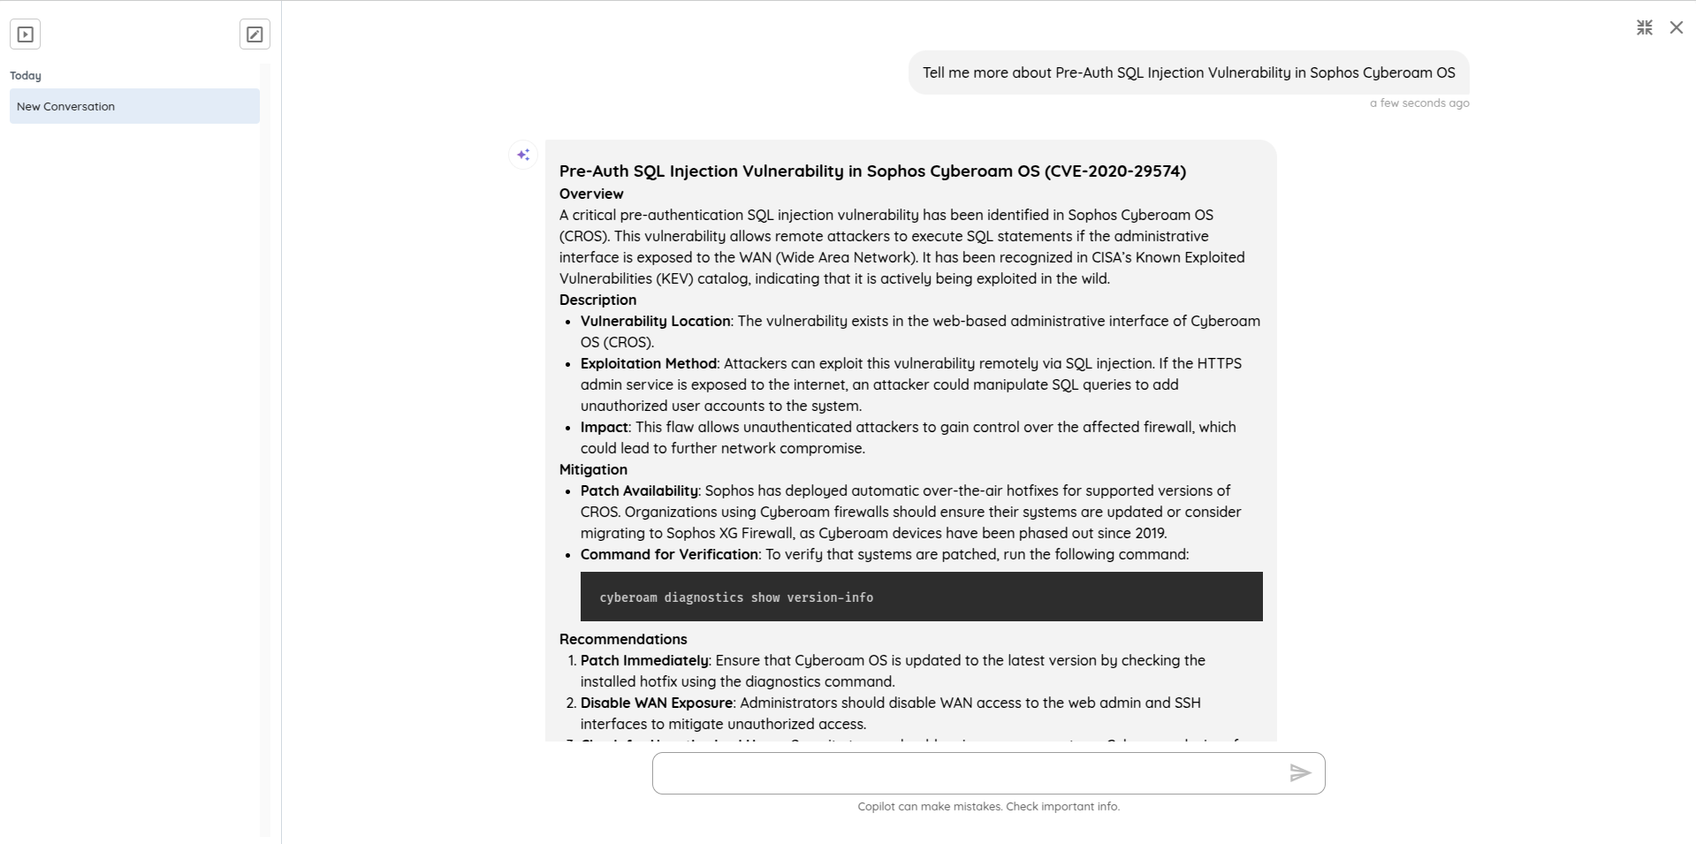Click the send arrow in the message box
pos(1299,773)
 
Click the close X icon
pos(1676,28)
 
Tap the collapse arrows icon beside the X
pos(1644,28)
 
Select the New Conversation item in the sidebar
pos(134,106)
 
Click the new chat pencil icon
pos(255,34)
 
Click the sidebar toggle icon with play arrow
pos(26,34)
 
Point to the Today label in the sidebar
pos(26,76)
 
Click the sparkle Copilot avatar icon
pos(523,155)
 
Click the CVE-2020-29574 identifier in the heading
pos(1115,171)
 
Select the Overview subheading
pos(591,194)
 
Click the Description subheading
pos(597,300)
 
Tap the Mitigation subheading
pos(593,470)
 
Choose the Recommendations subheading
pos(623,640)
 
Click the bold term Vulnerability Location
pos(655,322)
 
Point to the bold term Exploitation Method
pos(649,364)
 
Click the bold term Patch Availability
pos(639,491)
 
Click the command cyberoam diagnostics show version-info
pos(736,597)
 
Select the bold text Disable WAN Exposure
pos(657,703)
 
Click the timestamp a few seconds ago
pos(1419,103)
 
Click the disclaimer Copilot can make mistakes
pos(988,807)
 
